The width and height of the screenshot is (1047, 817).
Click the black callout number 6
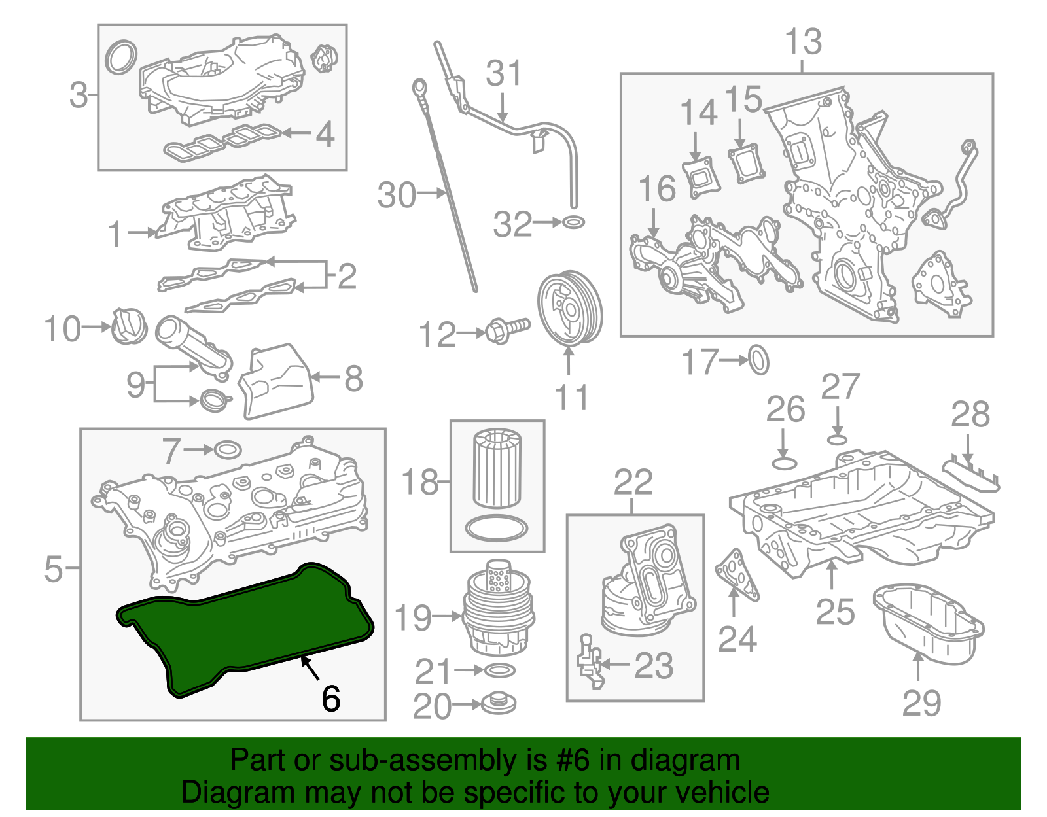[x=331, y=699]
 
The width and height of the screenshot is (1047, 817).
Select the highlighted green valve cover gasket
[x=242, y=628]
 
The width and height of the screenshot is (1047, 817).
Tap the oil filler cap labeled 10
[x=128, y=326]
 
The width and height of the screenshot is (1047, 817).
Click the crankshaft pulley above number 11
[x=569, y=309]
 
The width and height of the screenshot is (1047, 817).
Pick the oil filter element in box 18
[x=497, y=466]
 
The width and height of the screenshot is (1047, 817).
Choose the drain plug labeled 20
[x=499, y=704]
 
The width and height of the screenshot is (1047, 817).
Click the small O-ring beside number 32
[x=573, y=222]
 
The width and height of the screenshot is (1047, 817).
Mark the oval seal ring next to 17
[x=758, y=360]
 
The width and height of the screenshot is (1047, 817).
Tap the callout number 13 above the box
[x=803, y=43]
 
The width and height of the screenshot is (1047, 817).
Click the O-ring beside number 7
[x=228, y=450]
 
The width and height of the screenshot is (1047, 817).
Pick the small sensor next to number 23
[x=590, y=662]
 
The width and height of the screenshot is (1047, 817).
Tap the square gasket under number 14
[x=701, y=177]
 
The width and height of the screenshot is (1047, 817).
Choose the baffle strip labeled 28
[x=971, y=476]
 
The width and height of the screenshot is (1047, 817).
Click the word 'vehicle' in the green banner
[x=721, y=792]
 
